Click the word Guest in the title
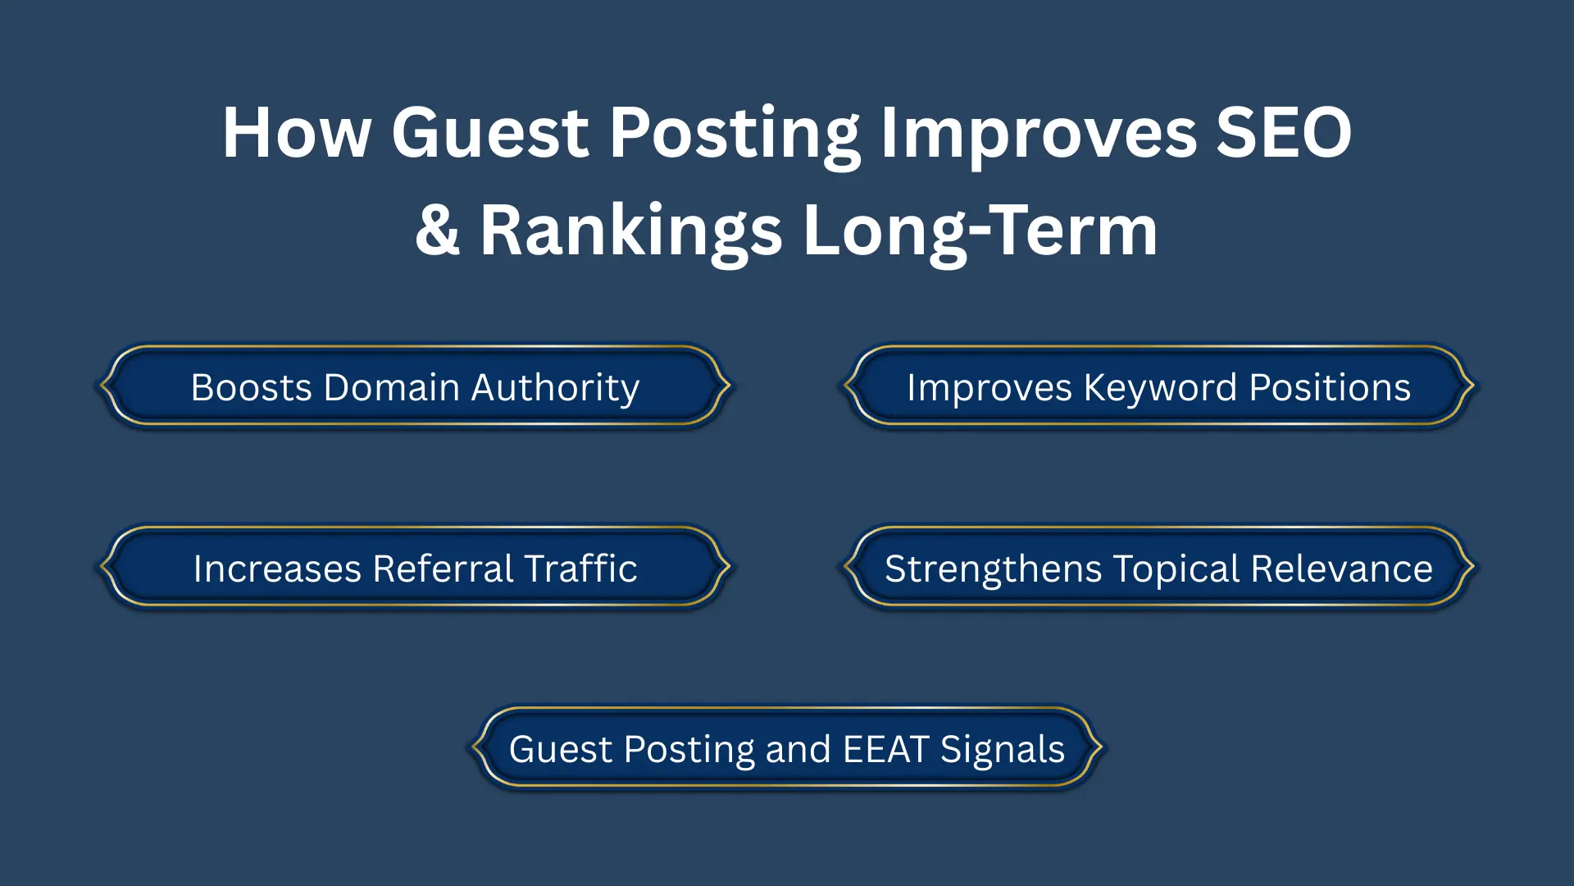tap(489, 133)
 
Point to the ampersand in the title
tap(437, 231)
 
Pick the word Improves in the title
tap(1038, 133)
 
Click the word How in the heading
tap(297, 133)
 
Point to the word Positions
tap(1330, 387)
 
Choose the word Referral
tap(443, 569)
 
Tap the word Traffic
tap(580, 569)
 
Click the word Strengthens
tap(993, 569)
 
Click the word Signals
tap(1002, 749)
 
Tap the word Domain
tap(392, 387)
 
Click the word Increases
tap(277, 569)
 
